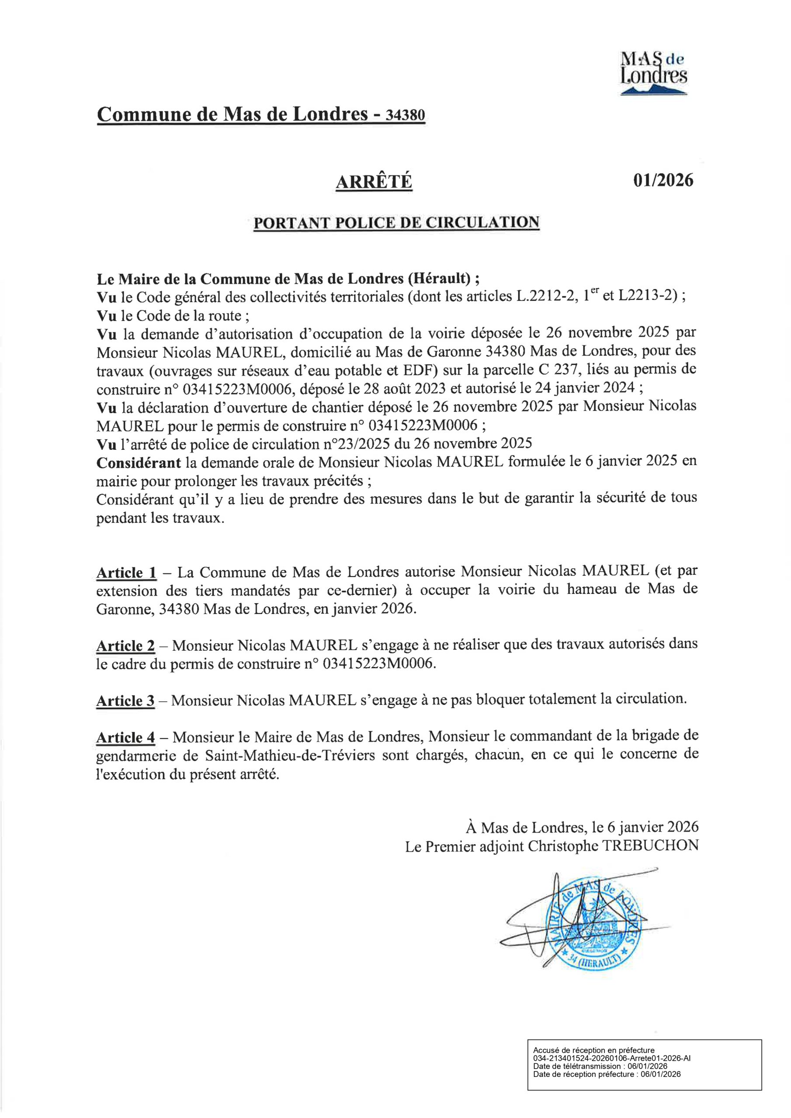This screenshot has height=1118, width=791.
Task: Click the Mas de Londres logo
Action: pos(654,73)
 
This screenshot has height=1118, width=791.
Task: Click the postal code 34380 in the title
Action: pos(405,115)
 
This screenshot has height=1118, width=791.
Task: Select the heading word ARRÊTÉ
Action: pos(374,182)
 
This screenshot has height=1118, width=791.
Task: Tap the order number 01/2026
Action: pos(663,180)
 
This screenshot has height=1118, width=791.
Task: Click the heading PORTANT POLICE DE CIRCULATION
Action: pos(396,223)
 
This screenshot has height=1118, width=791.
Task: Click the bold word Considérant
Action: pos(139,462)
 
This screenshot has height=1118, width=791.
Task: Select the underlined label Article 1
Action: pos(126,573)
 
